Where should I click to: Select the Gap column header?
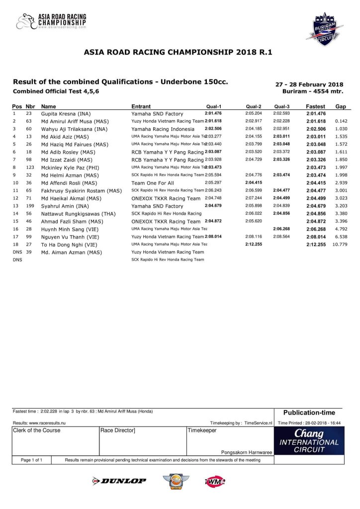coord(341,106)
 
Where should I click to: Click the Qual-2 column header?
coord(254,106)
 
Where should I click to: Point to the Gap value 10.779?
coord(340,245)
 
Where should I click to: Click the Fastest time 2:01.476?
coord(316,114)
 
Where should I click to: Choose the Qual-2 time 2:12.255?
coord(254,245)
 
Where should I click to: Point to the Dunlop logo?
coord(119,481)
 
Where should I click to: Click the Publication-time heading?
coord(309,413)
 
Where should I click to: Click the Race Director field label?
coord(118,430)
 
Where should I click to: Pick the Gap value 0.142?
coord(341,121)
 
